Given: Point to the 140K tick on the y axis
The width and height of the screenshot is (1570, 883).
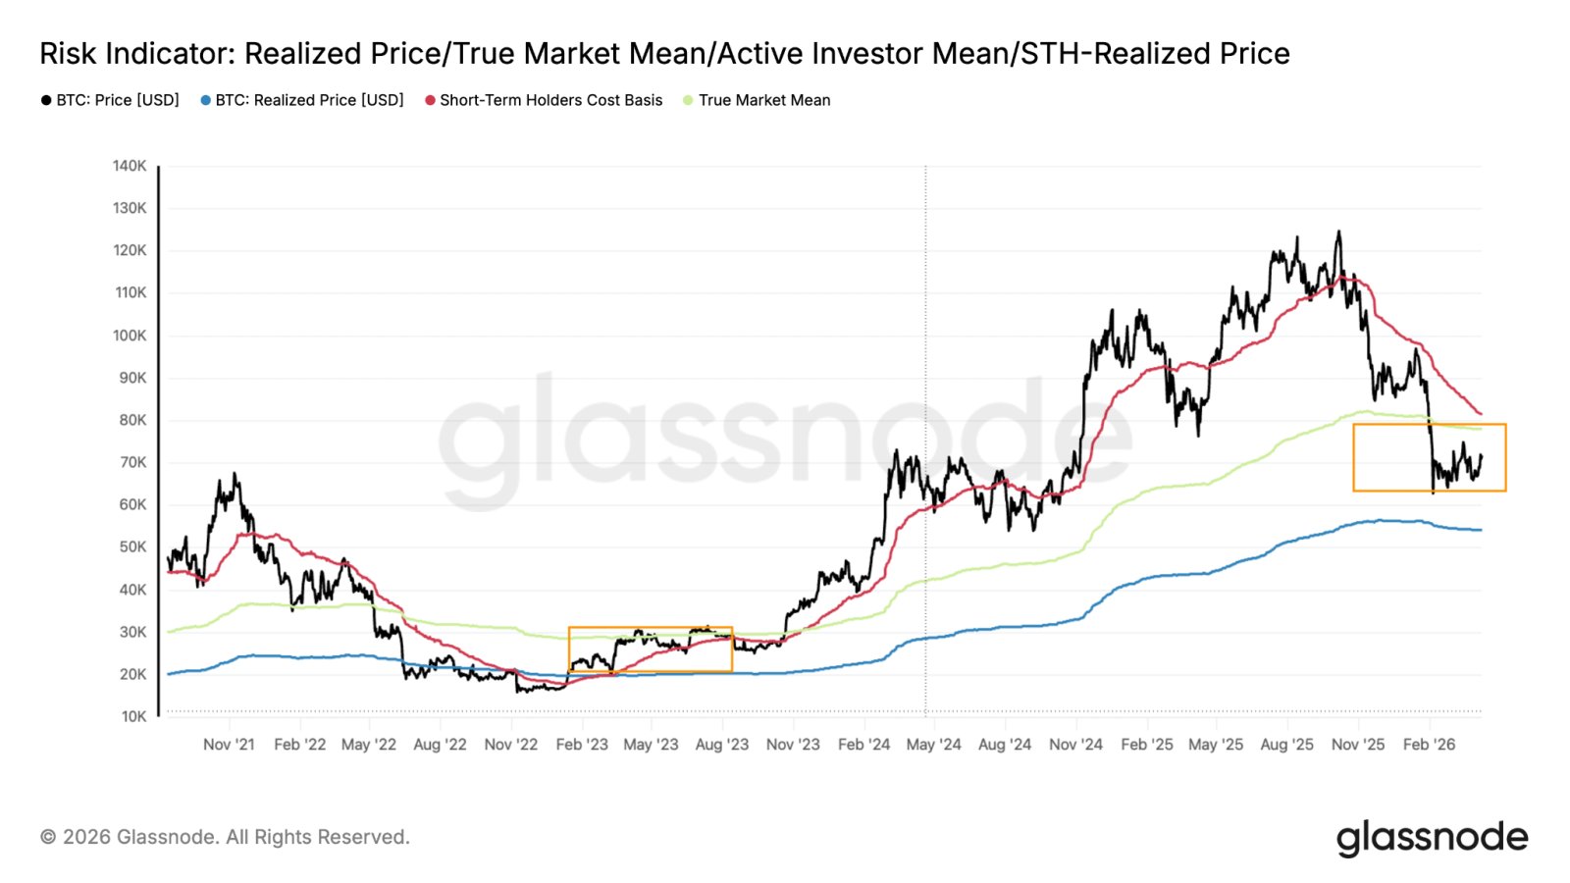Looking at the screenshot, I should coord(130,166).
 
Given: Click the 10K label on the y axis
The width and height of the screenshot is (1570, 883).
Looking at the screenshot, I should coord(133,716).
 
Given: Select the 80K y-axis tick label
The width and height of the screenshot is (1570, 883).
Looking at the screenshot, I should coord(132,420).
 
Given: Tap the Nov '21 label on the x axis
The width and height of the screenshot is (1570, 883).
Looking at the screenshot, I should coord(229,745).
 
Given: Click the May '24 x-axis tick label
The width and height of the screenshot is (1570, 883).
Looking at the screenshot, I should coord(933,745).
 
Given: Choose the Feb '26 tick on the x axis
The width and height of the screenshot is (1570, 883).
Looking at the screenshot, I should coord(1429,745).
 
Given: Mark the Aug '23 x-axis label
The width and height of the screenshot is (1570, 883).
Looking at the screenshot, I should coord(721,745).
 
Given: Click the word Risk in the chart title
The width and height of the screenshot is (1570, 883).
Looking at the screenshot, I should coord(69,54).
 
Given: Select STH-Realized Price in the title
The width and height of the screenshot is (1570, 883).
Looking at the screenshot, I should coord(1155,54).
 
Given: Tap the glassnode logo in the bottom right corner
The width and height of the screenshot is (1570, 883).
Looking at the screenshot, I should coord(1432,838).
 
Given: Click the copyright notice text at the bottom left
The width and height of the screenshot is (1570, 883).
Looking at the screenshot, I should coord(225,837).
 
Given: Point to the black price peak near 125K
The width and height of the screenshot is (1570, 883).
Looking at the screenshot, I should coord(1338,233).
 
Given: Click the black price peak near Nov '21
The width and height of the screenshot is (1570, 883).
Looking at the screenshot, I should coord(235,474).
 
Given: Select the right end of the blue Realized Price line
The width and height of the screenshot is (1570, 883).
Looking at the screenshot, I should coord(1481,530).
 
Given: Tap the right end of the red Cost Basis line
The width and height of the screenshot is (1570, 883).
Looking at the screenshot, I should coord(1481,414).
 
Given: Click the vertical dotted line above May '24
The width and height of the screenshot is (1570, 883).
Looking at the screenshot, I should coord(925,392).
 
